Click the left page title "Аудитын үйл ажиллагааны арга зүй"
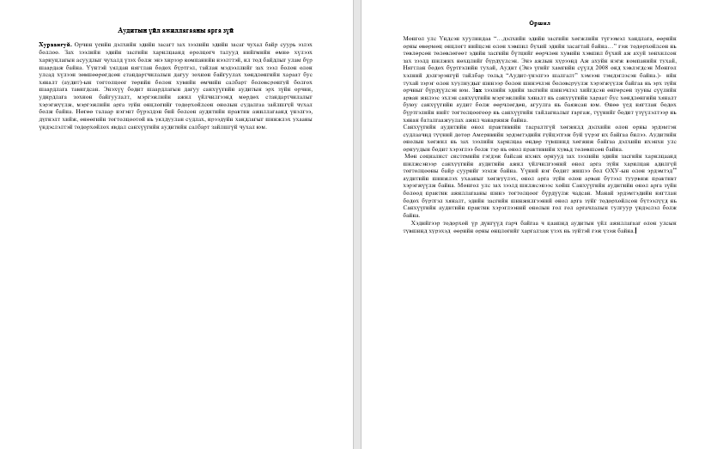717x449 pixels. pyautogui.click(x=175, y=30)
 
